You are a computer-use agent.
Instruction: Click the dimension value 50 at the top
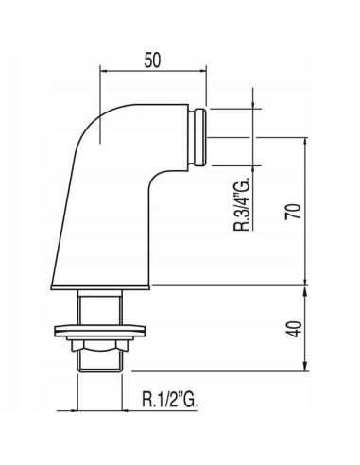coord(152,60)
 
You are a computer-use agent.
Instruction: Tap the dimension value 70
coord(293,212)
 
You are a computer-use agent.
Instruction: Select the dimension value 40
coord(296,329)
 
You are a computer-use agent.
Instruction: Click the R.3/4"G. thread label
coord(242,204)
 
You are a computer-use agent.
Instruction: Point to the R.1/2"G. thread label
coord(170,400)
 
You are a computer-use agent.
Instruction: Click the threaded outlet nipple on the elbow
coord(197,137)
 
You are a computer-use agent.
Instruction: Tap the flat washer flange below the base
coord(100,331)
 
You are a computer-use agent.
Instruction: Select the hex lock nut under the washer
coord(100,344)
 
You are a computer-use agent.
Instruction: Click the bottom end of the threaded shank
coord(99,370)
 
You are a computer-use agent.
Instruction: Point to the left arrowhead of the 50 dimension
coord(104,71)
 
